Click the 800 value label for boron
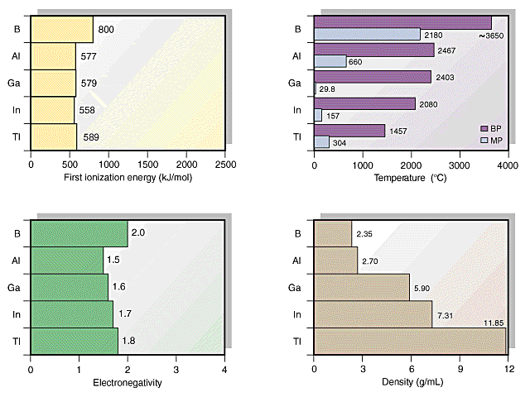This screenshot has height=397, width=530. (106, 30)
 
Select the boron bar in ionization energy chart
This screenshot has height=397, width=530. (61, 30)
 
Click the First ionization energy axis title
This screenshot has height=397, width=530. (128, 179)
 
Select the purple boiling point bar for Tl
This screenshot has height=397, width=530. (349, 130)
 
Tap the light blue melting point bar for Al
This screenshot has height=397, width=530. (330, 61)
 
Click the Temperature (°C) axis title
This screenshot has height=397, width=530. (411, 179)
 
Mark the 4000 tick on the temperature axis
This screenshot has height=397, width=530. (508, 165)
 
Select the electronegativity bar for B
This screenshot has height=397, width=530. (79, 234)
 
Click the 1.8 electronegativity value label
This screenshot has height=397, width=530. (130, 341)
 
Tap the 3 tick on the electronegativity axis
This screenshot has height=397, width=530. (176, 369)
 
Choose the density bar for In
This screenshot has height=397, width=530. (373, 314)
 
